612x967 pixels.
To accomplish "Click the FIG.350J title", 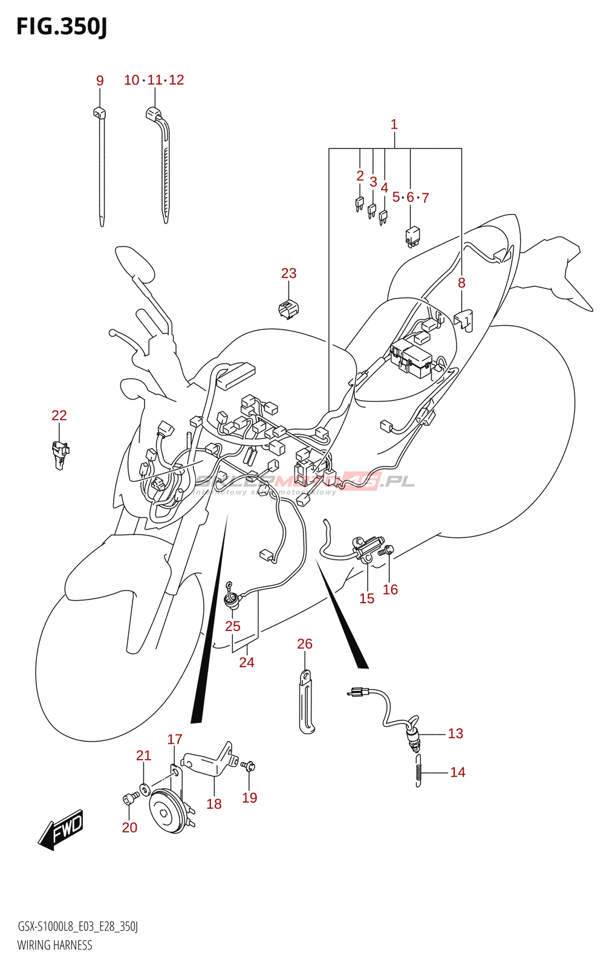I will click(62, 27).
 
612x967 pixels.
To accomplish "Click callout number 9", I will click(100, 80).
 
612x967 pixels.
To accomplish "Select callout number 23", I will click(288, 273).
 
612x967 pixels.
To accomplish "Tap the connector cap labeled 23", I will click(288, 309).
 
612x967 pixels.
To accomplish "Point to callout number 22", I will click(59, 415).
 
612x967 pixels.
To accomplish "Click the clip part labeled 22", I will click(59, 454).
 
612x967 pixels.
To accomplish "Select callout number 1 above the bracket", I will click(394, 125).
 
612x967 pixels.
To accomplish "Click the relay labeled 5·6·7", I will click(412, 236).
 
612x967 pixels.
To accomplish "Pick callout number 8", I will click(461, 282).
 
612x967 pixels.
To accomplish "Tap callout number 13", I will click(455, 733).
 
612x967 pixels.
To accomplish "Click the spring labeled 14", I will click(417, 772).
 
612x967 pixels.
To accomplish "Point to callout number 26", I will click(305, 644).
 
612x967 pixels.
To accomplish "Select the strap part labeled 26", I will click(307, 701).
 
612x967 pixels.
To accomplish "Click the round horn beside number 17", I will click(166, 811).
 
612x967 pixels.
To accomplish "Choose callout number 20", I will click(129, 827).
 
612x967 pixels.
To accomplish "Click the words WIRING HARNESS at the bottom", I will click(54, 945).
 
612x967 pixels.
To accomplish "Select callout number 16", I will click(390, 589).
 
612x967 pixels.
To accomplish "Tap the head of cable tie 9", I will click(100, 112).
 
